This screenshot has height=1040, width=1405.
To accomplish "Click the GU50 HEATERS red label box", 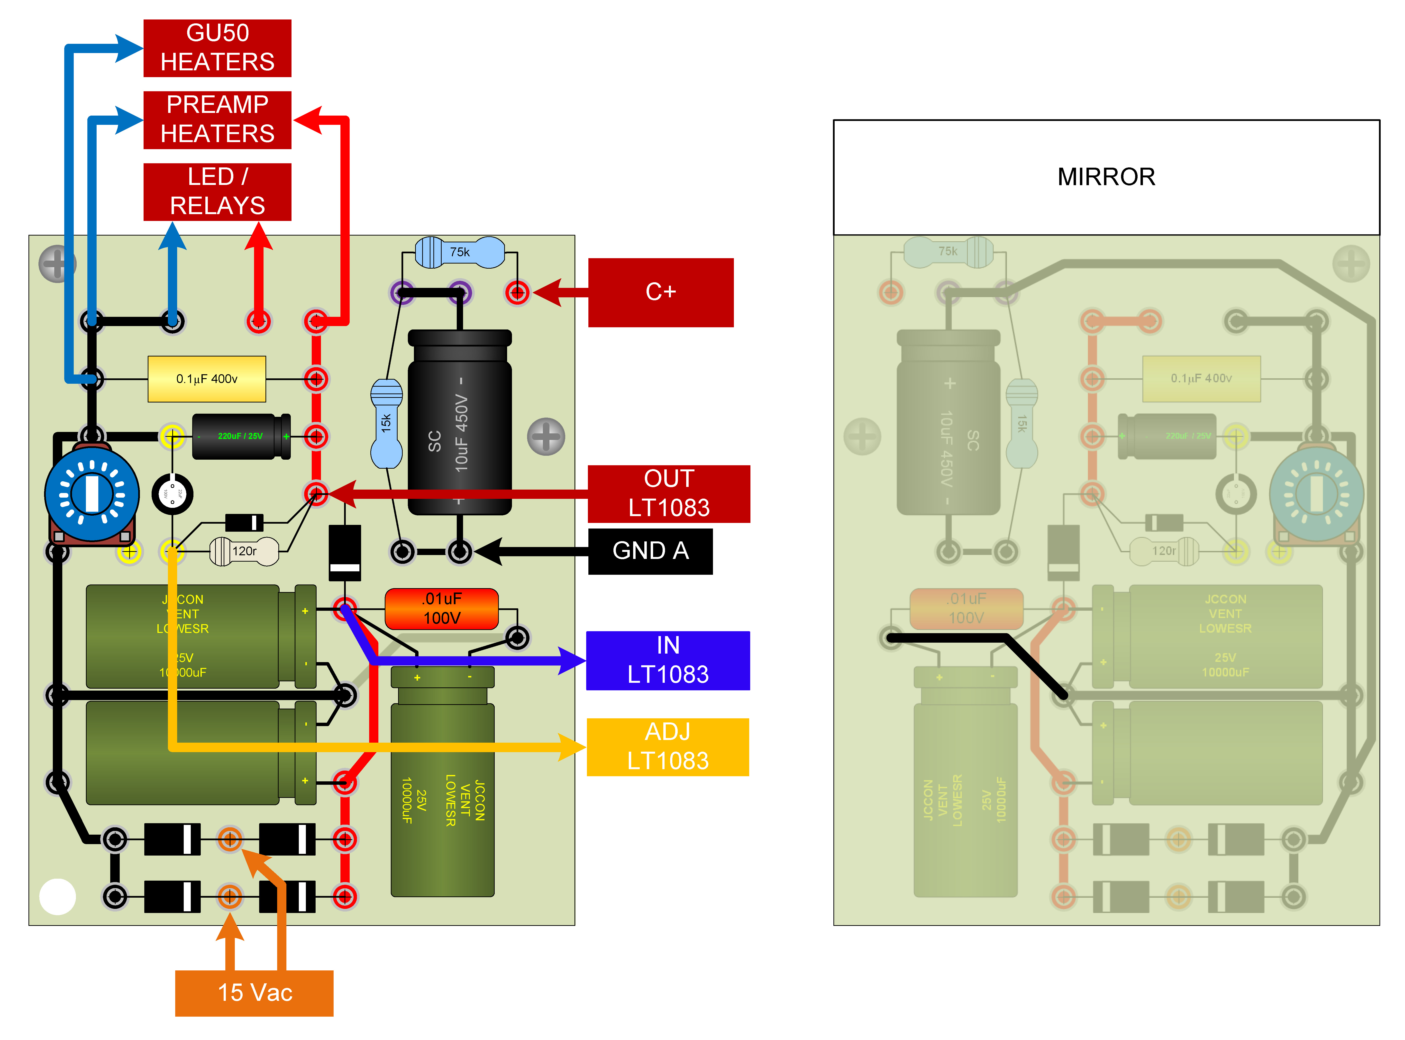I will [217, 48].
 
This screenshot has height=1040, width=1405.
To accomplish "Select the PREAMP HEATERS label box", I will [217, 120].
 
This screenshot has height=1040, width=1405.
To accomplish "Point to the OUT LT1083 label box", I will [668, 493].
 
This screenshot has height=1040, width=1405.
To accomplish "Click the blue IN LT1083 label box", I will [668, 660].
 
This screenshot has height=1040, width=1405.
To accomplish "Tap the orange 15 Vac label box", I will [254, 993].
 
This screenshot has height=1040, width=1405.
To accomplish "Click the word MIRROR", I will [1106, 177].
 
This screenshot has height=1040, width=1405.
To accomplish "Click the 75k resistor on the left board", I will [459, 252].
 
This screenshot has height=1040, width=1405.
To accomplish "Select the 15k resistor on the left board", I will [386, 423].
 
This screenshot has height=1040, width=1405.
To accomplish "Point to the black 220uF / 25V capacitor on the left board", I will [241, 436].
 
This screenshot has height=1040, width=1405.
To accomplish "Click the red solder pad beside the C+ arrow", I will [517, 292].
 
